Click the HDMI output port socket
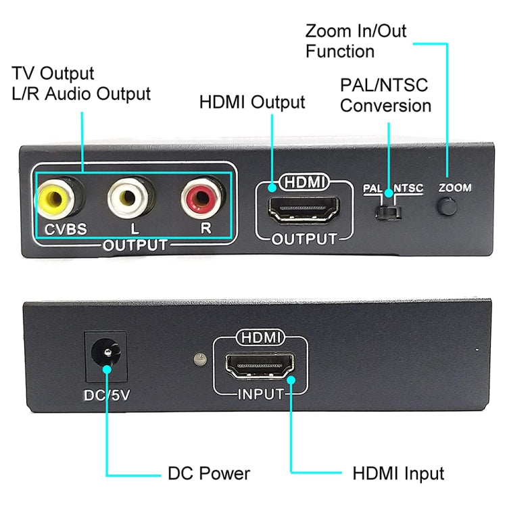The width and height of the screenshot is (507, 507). click(x=303, y=210)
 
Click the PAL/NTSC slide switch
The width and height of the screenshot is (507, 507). click(x=389, y=213)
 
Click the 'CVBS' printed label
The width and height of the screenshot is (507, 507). click(x=66, y=228)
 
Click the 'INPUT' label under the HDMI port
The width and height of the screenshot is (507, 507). click(x=260, y=394)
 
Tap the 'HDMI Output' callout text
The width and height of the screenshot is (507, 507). click(x=252, y=103)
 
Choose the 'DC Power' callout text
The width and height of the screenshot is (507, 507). click(x=208, y=473)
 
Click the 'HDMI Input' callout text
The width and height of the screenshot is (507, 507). click(x=397, y=473)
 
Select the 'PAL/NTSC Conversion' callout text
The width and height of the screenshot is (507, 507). click(x=385, y=96)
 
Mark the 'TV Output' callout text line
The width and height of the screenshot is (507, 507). click(x=53, y=74)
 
